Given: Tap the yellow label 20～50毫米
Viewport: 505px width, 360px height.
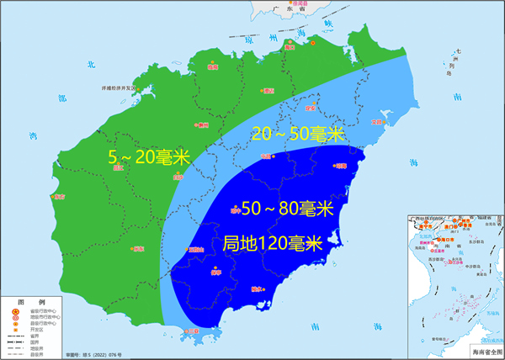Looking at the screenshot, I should tap(299, 134).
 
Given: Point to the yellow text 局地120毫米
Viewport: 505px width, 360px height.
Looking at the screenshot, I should tap(274, 244).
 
